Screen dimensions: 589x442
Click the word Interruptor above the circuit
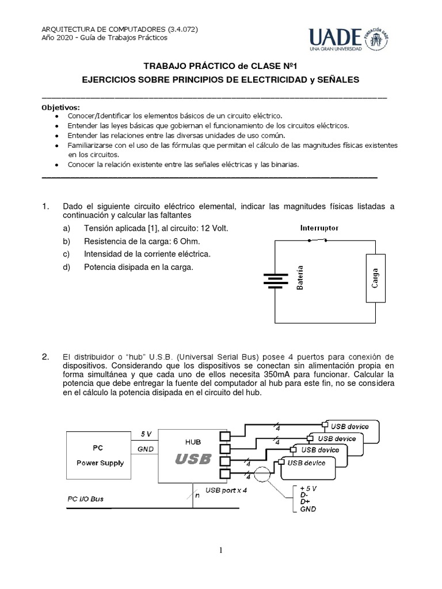319,228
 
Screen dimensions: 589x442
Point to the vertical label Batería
300,277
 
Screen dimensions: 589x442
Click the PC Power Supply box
100,455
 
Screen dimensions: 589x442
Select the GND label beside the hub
146,449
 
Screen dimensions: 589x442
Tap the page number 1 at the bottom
220,550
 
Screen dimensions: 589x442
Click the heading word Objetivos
62,108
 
